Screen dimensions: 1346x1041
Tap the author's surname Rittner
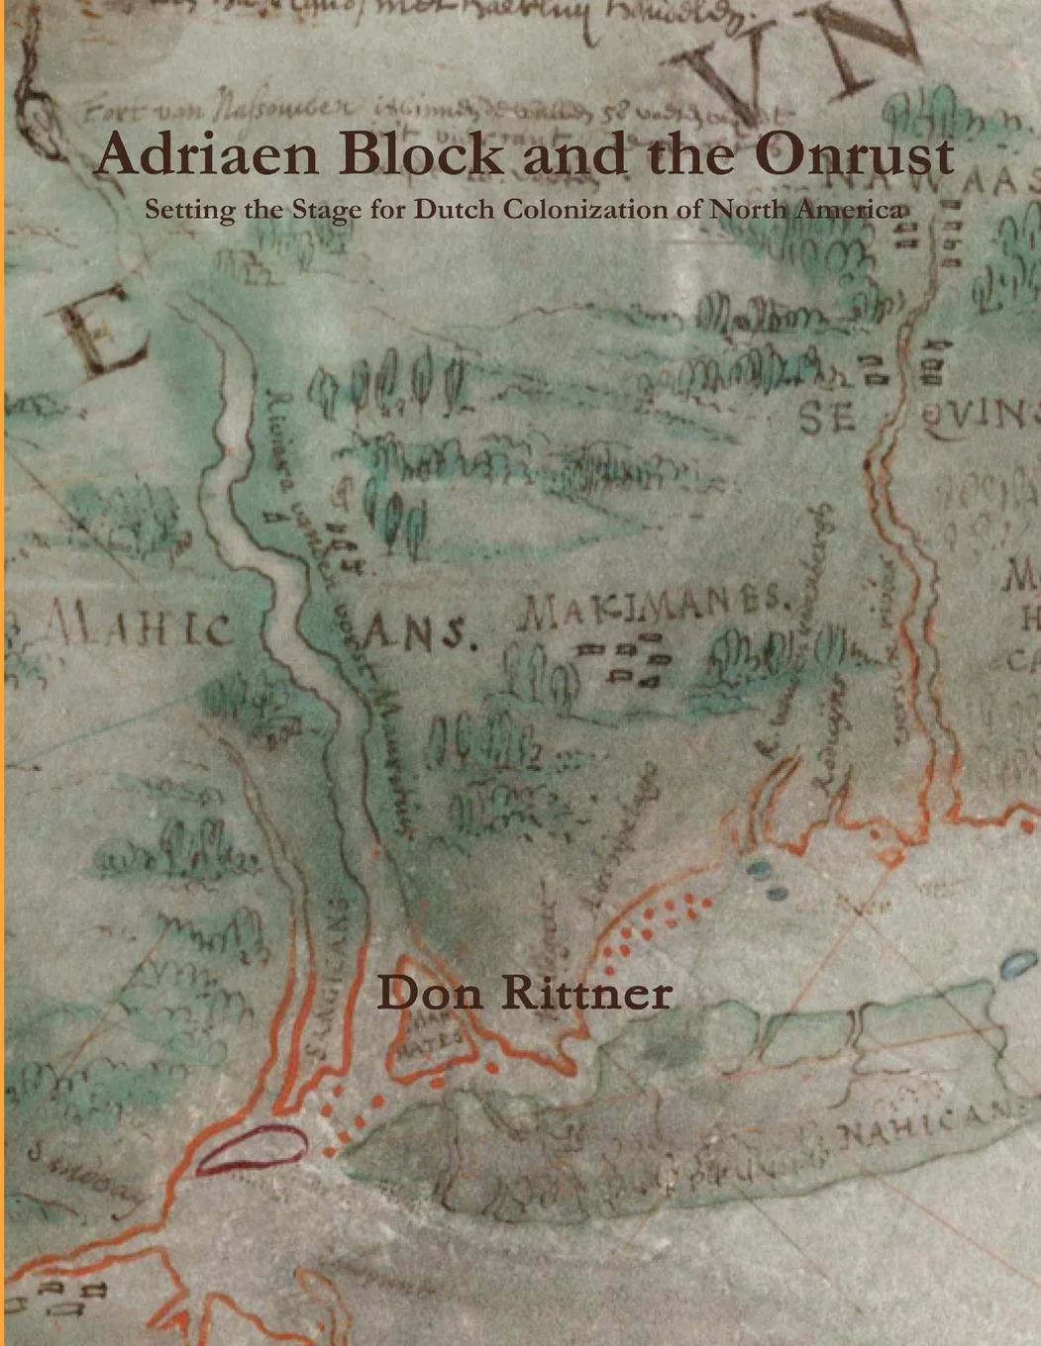pos(584,993)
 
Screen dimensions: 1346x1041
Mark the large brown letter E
pos(98,333)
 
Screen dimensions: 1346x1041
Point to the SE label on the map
pos(827,419)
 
